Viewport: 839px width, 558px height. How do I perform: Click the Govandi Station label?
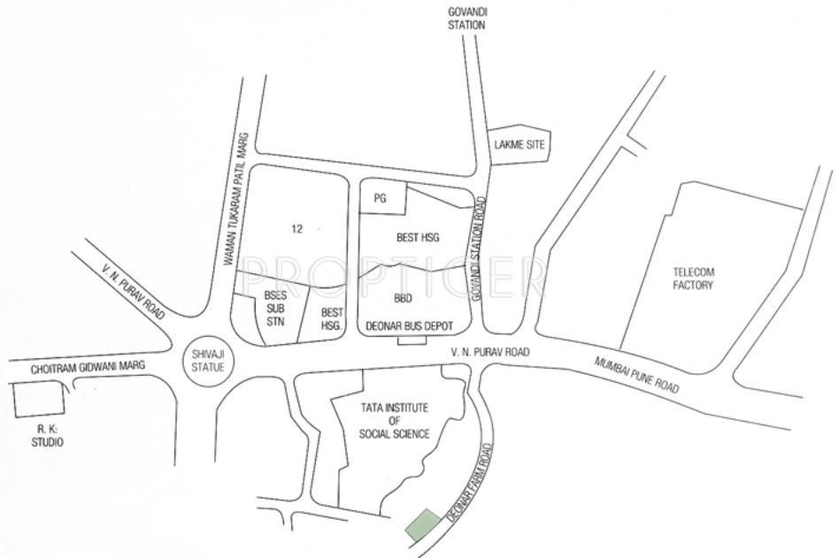(x=467, y=19)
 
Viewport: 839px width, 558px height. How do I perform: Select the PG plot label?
(x=381, y=199)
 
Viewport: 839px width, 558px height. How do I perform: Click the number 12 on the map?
(x=296, y=229)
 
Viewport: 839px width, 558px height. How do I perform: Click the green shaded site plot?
(x=422, y=525)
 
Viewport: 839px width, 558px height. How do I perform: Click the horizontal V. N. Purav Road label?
(x=489, y=353)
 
